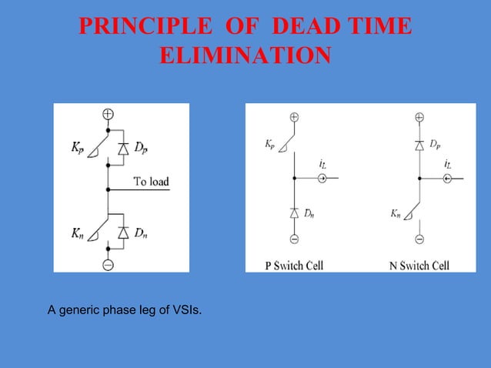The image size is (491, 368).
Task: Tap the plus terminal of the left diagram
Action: [x=108, y=114]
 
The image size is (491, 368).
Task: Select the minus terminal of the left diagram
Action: [x=108, y=264]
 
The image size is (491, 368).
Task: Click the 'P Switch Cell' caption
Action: [x=294, y=266]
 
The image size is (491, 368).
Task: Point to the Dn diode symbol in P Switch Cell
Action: [x=294, y=211]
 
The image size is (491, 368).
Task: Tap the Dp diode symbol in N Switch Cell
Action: [x=419, y=145]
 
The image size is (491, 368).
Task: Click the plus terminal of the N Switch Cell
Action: [x=419, y=117]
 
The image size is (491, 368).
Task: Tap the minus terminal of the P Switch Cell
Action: [x=294, y=239]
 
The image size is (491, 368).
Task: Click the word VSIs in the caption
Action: [x=185, y=310]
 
